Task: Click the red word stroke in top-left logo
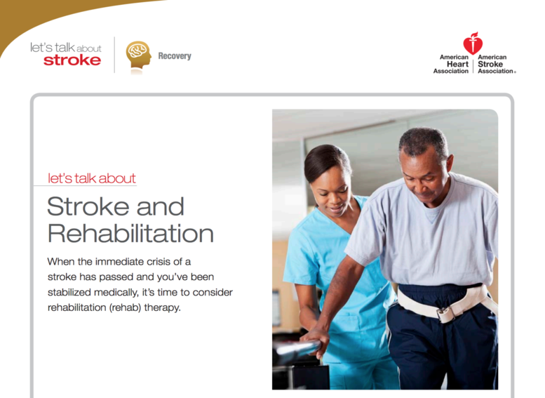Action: (x=72, y=60)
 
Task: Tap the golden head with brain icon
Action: (x=138, y=55)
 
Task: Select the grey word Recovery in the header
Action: (x=175, y=56)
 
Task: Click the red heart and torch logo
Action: (x=473, y=43)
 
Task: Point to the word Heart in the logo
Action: (x=457, y=64)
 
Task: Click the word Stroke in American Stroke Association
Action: (x=490, y=64)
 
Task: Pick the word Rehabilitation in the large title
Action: (x=130, y=233)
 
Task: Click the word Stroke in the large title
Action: (x=90, y=206)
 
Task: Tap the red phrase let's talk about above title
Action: (x=92, y=178)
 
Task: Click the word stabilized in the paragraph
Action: (x=69, y=292)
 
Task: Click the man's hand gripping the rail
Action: (x=316, y=341)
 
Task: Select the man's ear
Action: (x=449, y=164)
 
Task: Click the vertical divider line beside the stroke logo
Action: (x=114, y=55)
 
